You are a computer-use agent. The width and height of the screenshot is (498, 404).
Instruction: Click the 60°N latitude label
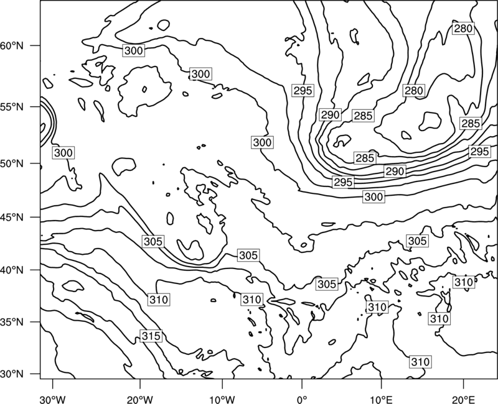pos(12,46)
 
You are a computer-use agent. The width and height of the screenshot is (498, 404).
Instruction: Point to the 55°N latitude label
pos(12,107)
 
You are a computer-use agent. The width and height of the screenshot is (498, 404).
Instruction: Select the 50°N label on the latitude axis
pos(12,163)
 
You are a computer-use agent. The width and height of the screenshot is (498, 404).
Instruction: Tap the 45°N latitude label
pos(12,217)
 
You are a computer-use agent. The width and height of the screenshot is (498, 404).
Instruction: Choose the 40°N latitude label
pos(12,270)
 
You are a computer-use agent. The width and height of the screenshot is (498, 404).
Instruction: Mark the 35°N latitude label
pos(12,322)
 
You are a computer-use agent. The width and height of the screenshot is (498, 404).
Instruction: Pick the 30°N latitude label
pos(12,374)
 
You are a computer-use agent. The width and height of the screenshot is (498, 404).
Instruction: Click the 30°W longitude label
pos(53,400)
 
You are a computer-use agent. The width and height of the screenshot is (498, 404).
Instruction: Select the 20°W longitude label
pos(139,400)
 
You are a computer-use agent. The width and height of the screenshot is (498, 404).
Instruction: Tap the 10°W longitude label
pos(222,400)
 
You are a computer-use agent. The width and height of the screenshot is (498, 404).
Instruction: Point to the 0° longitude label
pos(302,400)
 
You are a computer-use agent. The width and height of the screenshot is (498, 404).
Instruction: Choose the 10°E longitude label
pos(381,400)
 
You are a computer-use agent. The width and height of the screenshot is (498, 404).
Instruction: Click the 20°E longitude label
pos(463,400)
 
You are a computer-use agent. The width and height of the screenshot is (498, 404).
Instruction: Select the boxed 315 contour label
pos(151,336)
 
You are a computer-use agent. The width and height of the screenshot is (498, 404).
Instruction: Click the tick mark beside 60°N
pos(35,45)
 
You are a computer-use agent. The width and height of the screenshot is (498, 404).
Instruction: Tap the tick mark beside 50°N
pos(35,163)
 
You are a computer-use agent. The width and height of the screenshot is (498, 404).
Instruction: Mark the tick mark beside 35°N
pos(35,322)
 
